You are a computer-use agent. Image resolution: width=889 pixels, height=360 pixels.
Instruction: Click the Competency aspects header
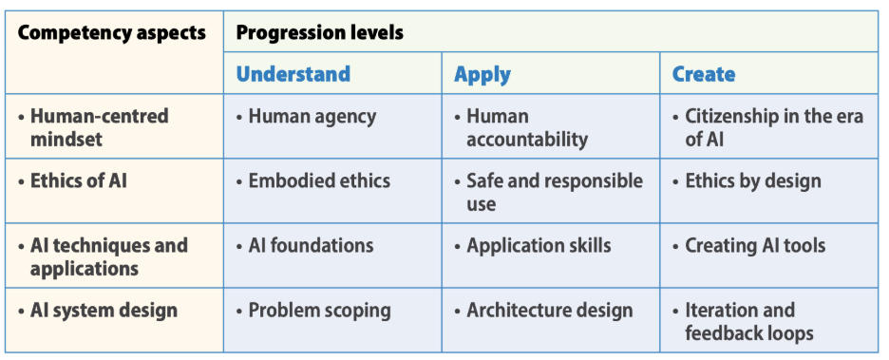tap(112, 33)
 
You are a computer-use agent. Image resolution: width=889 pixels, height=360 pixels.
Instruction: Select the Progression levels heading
tap(319, 33)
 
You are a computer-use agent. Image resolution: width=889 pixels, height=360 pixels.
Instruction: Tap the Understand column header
tap(293, 74)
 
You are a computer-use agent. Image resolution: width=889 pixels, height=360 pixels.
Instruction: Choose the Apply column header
tap(482, 74)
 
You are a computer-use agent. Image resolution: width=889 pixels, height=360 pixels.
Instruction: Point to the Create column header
tap(703, 74)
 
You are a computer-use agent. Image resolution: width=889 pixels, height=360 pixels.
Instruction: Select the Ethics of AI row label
tap(77, 180)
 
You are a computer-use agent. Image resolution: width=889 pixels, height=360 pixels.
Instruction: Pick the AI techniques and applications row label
tap(106, 256)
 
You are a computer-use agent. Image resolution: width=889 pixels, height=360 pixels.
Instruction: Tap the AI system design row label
tap(103, 310)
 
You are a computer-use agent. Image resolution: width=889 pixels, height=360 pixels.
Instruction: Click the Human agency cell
tap(311, 117)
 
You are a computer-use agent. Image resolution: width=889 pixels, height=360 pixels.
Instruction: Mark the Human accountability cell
tap(526, 127)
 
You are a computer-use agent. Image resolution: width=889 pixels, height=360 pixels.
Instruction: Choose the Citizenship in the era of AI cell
tap(773, 127)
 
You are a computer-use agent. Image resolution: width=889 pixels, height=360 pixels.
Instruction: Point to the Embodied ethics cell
tap(318, 180)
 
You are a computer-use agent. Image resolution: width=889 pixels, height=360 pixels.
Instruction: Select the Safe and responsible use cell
tap(554, 192)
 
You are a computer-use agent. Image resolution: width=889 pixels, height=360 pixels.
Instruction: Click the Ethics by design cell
tap(752, 180)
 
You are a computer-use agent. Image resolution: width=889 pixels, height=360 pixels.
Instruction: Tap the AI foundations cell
tap(311, 245)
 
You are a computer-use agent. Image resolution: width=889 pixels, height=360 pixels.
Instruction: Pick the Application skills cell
tap(538, 245)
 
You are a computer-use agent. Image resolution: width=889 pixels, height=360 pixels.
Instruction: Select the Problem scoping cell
tap(318, 310)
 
